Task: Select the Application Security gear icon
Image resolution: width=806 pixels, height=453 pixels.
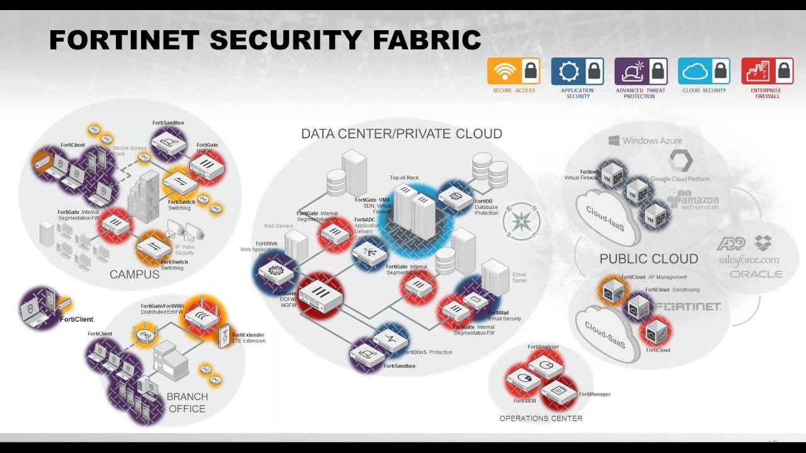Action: point(569,72)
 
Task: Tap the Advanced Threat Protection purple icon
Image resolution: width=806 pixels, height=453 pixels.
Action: point(632,72)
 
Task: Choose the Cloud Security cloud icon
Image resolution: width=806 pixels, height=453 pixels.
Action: point(695,72)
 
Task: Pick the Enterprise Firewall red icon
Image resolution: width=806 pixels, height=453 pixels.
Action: point(758,72)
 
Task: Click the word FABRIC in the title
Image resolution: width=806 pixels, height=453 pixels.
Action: point(426,40)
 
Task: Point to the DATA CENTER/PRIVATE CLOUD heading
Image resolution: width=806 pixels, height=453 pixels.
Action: point(401,134)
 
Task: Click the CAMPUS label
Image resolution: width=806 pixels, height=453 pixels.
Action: point(134,274)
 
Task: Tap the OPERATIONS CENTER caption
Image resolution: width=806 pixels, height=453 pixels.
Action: point(540,418)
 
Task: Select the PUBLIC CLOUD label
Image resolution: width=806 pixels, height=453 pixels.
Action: point(649,259)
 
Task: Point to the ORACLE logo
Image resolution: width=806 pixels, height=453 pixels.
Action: point(756,274)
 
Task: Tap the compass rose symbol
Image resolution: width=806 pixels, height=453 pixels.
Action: point(521,221)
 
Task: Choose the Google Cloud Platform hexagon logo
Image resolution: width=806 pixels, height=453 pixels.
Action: point(680,161)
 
